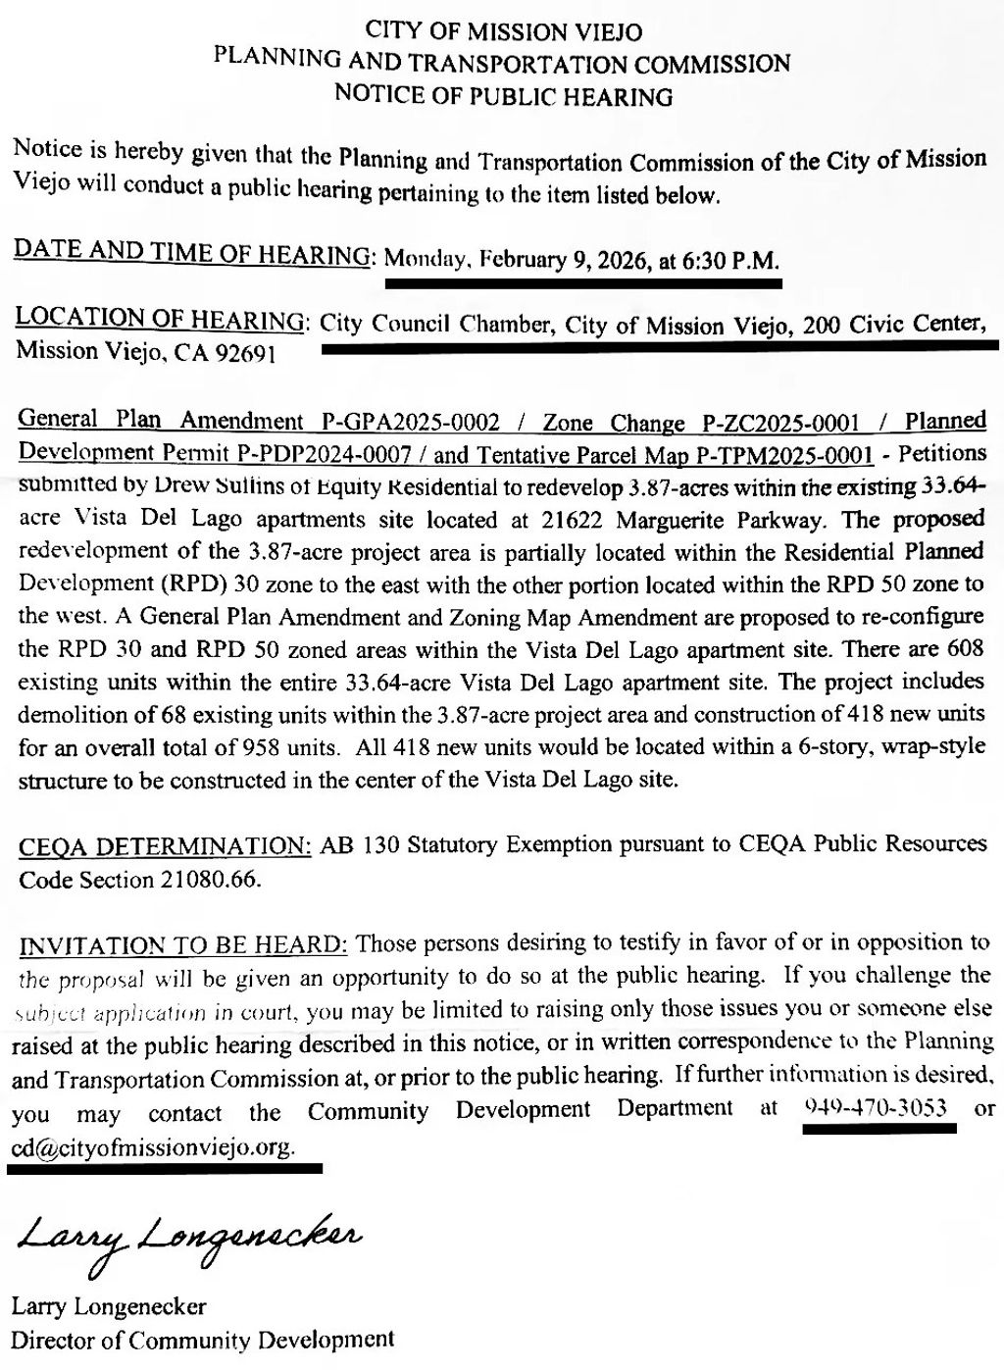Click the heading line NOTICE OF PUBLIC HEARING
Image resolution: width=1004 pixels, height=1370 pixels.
503,96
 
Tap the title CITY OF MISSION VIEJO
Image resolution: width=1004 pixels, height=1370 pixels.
503,31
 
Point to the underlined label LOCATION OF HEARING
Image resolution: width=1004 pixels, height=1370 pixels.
161,319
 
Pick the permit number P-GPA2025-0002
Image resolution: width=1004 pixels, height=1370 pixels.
411,423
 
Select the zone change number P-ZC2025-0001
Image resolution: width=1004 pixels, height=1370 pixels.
781,423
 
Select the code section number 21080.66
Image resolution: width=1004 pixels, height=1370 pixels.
209,879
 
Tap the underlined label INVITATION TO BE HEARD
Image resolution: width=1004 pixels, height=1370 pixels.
183,945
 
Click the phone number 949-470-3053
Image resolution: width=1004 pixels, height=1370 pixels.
876,1109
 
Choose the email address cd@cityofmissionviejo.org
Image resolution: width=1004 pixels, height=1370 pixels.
153,1146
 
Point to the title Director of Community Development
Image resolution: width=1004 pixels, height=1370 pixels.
203,1339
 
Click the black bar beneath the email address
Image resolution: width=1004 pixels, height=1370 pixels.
165,1168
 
